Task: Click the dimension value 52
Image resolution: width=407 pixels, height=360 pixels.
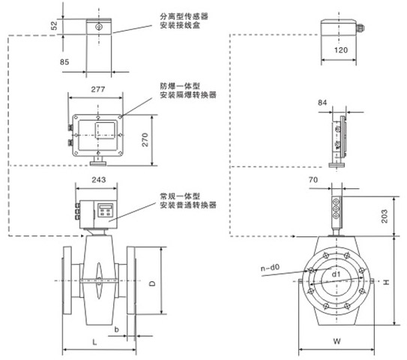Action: [54, 25]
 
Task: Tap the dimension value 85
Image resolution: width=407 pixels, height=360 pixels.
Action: [64, 61]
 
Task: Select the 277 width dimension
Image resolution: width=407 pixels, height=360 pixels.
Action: [98, 89]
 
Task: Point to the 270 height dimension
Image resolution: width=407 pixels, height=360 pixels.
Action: [145, 139]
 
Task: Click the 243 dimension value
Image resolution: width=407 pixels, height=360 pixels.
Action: [99, 180]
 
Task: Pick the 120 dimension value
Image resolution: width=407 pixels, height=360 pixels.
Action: [341, 49]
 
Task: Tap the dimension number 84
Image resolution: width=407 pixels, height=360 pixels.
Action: [322, 103]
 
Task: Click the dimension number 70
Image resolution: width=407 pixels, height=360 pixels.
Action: [313, 179]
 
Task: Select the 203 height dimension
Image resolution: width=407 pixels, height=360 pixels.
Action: [385, 216]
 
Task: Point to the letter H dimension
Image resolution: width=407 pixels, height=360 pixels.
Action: [386, 282]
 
